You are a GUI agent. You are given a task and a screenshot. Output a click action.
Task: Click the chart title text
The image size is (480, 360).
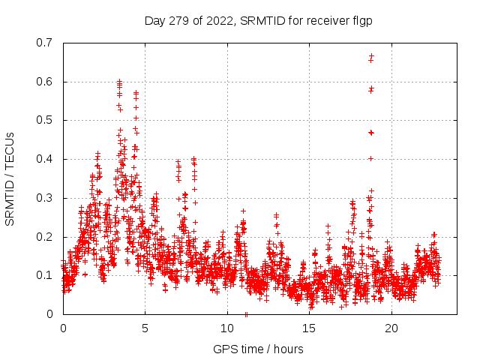[x=258, y=21]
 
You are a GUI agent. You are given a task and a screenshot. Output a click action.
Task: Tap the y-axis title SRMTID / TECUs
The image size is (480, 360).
[x=10, y=178]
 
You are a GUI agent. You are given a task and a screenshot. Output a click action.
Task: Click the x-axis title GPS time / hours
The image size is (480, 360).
[x=258, y=349]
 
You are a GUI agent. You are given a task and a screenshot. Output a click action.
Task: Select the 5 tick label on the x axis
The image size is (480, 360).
[x=145, y=328]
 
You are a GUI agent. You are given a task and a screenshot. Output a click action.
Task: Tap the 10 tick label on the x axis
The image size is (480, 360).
[x=227, y=328]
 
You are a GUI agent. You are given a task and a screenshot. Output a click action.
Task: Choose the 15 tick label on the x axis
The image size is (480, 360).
[x=310, y=328]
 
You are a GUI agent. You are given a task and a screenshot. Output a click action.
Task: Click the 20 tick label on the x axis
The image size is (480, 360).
[x=391, y=328]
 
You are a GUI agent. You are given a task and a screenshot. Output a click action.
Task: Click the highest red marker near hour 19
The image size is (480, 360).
[x=371, y=55]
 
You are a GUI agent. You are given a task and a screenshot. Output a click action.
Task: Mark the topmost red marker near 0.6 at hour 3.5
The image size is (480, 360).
[x=119, y=81]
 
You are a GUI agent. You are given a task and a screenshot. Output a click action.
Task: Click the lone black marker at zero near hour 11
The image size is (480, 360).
[x=246, y=313]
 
